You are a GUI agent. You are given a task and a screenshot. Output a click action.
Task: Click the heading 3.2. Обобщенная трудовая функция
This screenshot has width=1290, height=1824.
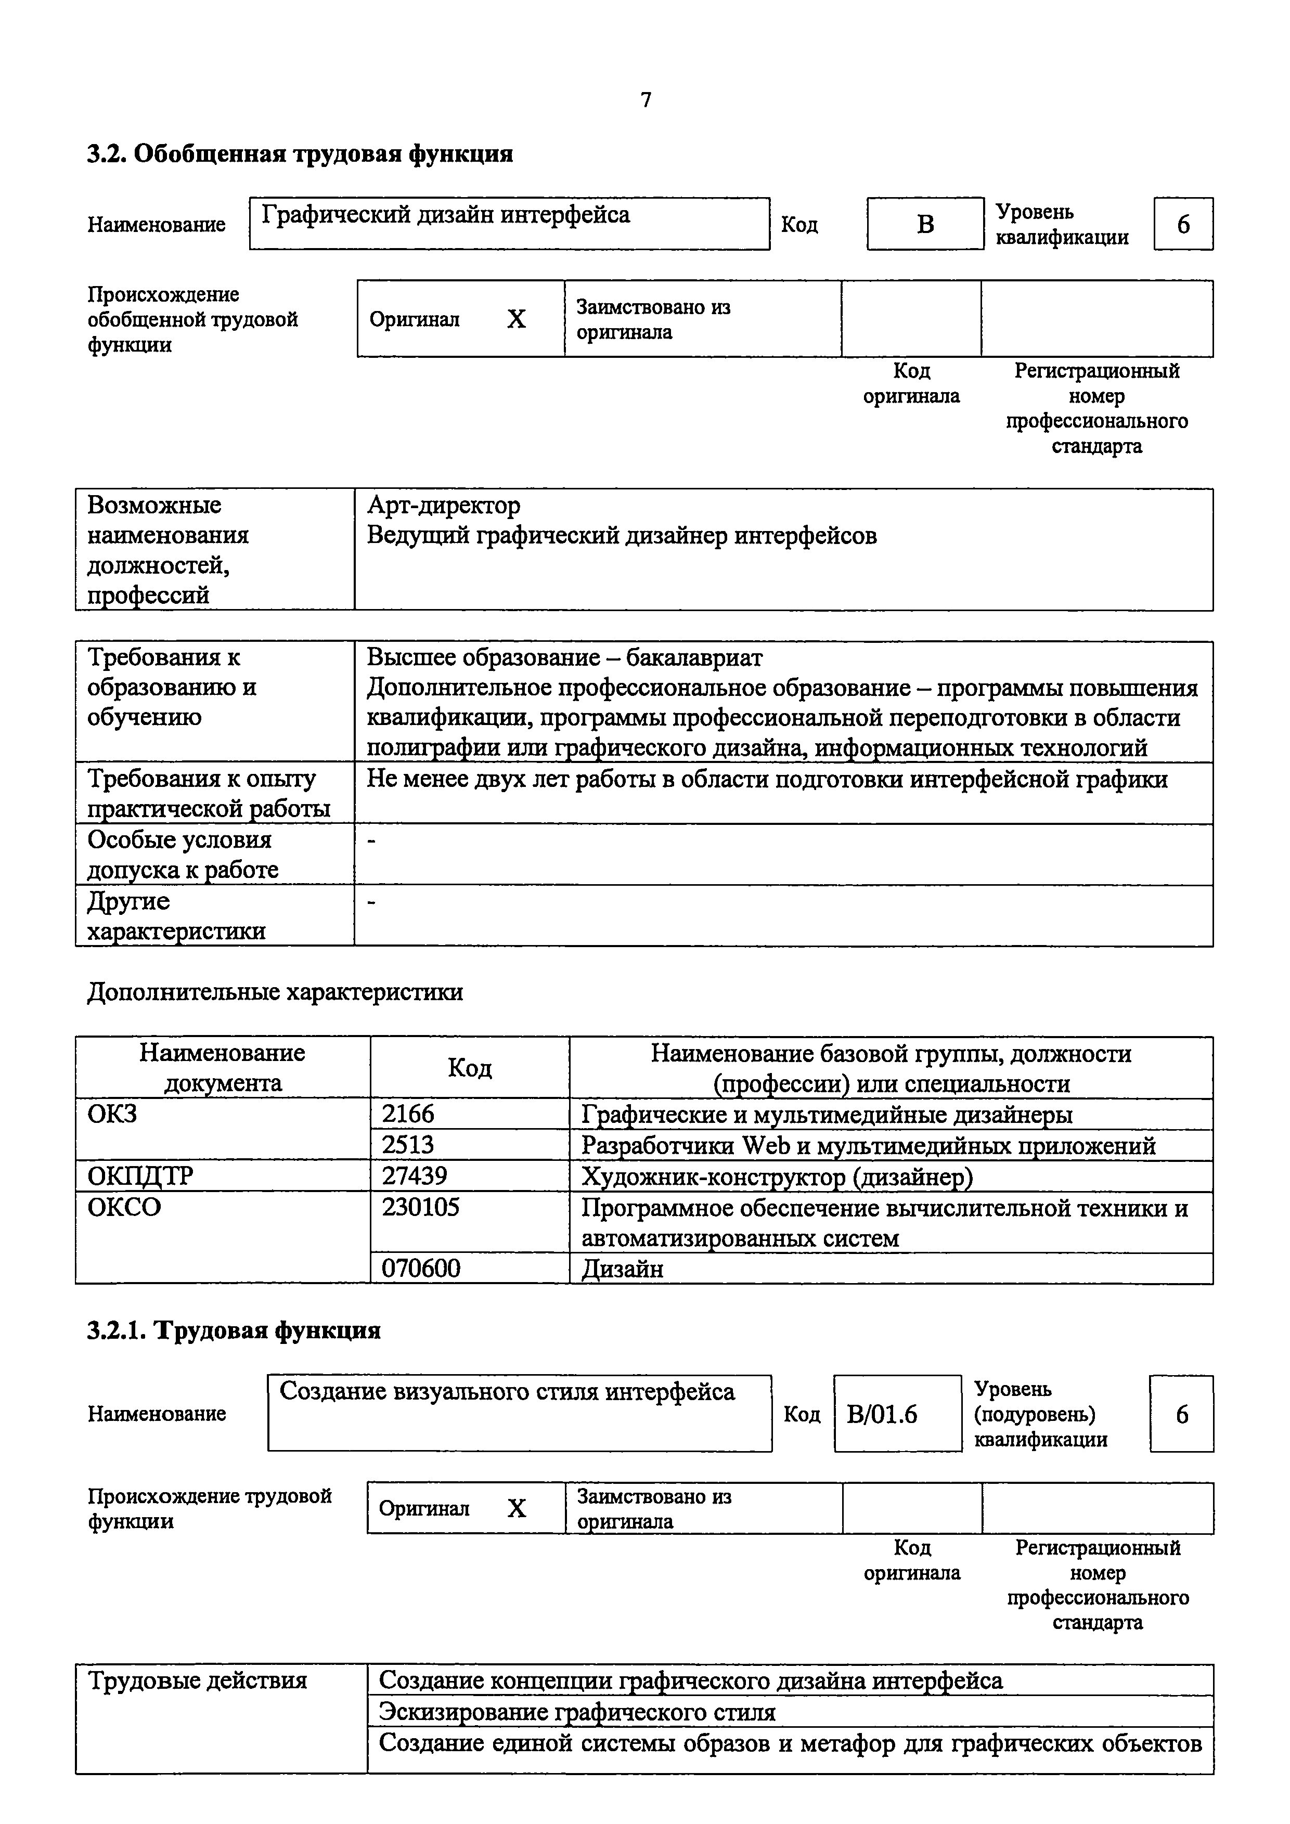point(300,153)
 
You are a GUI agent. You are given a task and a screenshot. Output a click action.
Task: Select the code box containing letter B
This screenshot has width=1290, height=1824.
point(925,224)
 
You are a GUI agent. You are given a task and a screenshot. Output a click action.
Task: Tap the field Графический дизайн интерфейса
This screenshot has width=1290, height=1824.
point(509,223)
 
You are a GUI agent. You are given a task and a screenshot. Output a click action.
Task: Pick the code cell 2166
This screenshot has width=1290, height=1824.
point(408,1114)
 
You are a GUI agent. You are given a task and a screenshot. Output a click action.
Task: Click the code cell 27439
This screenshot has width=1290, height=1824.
point(415,1176)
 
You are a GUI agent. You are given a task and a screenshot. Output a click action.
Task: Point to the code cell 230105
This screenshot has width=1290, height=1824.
point(421,1208)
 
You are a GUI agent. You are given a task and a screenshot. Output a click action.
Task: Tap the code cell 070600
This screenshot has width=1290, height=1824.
point(421,1268)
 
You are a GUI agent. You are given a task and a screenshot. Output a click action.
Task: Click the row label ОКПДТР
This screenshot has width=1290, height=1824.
point(140,1176)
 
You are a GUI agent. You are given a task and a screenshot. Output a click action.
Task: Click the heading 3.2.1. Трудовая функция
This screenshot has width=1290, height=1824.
point(234,1330)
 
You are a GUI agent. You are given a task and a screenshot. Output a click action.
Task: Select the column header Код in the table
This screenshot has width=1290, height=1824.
point(470,1068)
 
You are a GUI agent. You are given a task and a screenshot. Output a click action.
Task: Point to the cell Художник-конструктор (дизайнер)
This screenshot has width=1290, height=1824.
point(776,1176)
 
